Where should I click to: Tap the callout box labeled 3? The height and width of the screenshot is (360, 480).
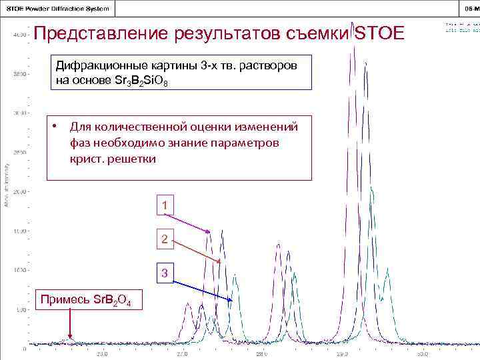(x=165, y=273)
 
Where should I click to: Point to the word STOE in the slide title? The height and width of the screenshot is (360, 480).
(x=379, y=33)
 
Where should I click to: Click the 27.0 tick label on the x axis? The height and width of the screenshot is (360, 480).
(x=182, y=354)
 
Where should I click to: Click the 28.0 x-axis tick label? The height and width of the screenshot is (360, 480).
(x=262, y=354)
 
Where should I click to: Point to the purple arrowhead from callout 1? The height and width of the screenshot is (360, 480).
(x=209, y=233)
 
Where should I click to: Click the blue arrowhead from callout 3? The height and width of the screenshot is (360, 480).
(x=231, y=301)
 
